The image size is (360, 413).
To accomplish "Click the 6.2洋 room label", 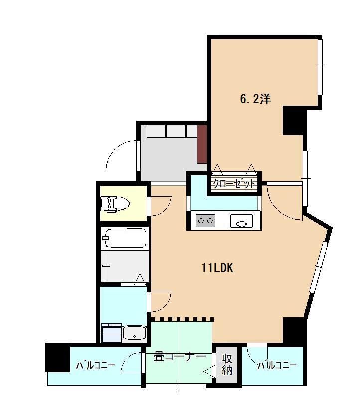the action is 255,99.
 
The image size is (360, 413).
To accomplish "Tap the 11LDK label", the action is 217,268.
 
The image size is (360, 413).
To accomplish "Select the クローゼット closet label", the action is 234,184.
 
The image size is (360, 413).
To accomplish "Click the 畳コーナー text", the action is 180,357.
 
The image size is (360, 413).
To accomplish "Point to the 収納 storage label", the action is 227,365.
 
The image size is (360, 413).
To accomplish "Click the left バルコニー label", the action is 96,366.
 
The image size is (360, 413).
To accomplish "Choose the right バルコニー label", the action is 277,366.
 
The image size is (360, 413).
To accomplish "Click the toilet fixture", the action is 115,204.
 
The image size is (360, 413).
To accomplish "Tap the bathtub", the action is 124,238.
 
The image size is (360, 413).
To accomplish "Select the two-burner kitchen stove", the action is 205,221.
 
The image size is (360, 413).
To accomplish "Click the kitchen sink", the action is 241,221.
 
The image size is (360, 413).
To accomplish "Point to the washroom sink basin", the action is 134,333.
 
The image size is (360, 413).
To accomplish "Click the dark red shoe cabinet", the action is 202,144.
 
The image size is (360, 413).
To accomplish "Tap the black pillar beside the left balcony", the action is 58,357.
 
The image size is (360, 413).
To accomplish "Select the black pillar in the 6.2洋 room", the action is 293,121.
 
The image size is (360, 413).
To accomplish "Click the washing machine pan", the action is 111,333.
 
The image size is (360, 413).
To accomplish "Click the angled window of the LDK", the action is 318,267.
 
